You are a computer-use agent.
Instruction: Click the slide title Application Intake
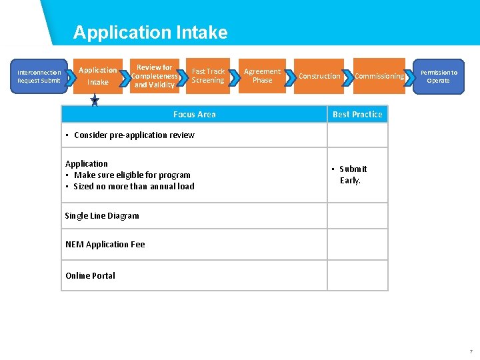(x=150, y=32)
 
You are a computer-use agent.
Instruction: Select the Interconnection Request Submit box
(x=39, y=76)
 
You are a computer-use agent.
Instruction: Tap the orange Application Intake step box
(x=98, y=76)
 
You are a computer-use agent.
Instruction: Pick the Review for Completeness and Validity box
(x=154, y=76)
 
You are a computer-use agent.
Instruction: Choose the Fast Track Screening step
(x=208, y=76)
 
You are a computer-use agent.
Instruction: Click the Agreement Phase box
(x=262, y=76)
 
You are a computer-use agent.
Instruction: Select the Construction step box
(x=319, y=76)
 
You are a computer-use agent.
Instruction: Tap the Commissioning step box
(x=379, y=76)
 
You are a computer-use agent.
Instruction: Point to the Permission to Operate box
(x=438, y=76)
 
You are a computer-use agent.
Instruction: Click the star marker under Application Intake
(x=95, y=100)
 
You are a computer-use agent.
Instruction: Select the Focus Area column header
(x=194, y=115)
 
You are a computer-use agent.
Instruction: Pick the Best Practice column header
(x=357, y=115)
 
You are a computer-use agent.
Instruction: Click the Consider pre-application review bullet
(x=134, y=135)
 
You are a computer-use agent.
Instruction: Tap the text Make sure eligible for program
(x=132, y=175)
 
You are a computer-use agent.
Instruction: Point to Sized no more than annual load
(x=134, y=187)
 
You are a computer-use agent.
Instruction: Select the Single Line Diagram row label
(x=102, y=216)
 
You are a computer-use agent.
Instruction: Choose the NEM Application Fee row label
(x=105, y=245)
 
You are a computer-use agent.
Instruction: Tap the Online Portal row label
(x=90, y=276)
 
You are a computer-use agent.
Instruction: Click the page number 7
(x=471, y=351)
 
